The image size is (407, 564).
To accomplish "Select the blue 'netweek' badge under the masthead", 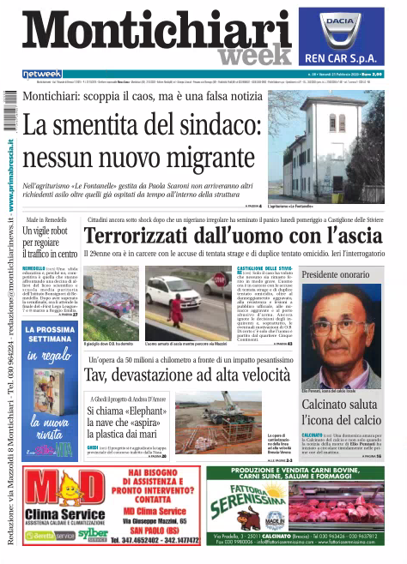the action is pos(42,73).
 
